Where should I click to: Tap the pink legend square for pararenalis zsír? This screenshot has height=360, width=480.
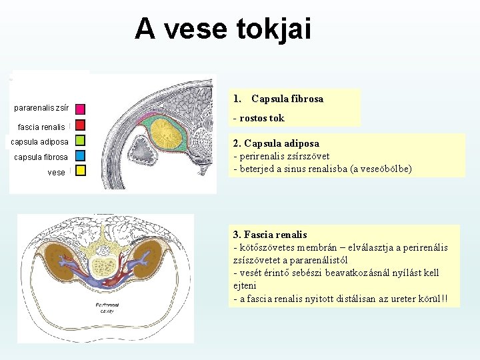[80, 109]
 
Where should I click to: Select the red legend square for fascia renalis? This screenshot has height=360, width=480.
[80, 125]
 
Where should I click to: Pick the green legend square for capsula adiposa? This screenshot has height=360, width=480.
[80, 141]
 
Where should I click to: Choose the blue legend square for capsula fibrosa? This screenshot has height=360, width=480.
[80, 156]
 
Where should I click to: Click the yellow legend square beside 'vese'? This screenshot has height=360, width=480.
[80, 171]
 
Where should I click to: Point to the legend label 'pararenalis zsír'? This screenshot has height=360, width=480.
[41, 107]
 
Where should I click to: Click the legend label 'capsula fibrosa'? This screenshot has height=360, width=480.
[41, 157]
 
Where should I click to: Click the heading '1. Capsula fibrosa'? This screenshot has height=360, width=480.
[278, 99]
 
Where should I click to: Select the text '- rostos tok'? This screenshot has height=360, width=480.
[259, 118]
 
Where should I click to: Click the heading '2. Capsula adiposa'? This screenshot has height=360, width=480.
[276, 143]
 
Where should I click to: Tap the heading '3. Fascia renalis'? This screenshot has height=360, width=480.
[270, 234]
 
